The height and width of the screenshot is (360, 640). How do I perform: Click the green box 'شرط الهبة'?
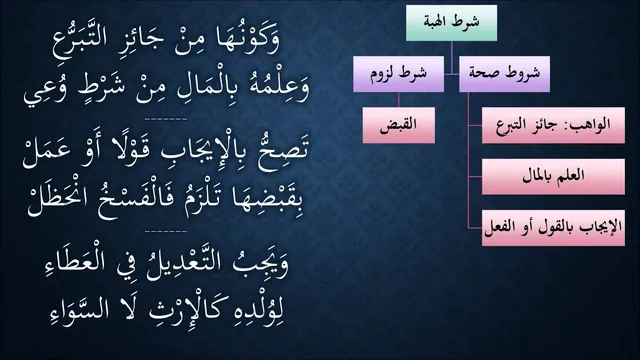point(451,23)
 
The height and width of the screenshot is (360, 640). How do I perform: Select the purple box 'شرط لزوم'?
point(398,74)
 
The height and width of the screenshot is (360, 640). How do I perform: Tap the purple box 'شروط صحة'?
point(504,74)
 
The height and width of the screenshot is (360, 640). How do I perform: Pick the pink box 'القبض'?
point(399,125)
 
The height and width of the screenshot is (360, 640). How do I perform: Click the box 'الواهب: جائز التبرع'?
point(553,125)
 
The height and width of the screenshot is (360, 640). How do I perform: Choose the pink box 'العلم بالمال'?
point(553,177)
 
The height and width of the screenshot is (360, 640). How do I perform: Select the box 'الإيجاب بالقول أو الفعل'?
point(553,228)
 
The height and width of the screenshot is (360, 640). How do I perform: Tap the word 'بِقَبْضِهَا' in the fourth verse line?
point(267,201)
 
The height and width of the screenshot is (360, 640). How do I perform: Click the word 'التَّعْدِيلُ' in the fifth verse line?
point(183,263)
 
